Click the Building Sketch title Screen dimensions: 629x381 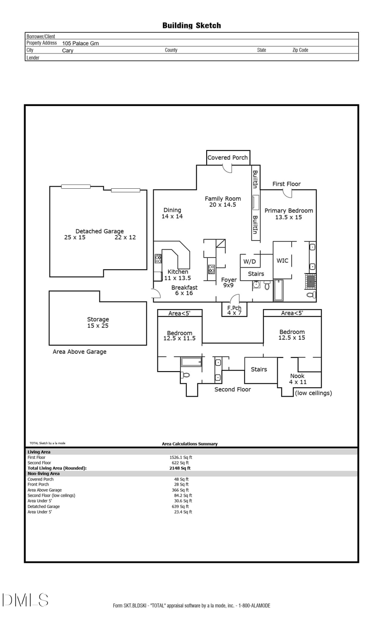click(x=191, y=25)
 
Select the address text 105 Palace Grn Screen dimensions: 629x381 click(x=80, y=43)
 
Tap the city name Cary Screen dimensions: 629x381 click(x=68, y=50)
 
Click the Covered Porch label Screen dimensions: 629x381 click(x=228, y=157)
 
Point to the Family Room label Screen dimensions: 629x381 click(x=223, y=198)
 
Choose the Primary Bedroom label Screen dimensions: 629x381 click(x=289, y=211)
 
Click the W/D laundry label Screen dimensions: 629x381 click(x=249, y=262)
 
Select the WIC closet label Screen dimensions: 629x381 click(x=282, y=260)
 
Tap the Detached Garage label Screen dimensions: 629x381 click(x=99, y=231)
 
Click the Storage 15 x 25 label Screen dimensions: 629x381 click(x=98, y=322)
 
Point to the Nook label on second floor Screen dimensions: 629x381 click(x=297, y=376)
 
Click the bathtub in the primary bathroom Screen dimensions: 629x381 click(x=279, y=290)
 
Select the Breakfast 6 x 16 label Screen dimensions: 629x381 click(x=184, y=290)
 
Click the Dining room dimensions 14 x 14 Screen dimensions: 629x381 click(x=172, y=216)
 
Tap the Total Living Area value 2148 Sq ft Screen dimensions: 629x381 click(x=180, y=468)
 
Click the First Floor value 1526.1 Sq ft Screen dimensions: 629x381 click(x=181, y=457)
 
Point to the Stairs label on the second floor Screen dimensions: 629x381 click(x=259, y=369)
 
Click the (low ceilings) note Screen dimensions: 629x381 click(x=313, y=393)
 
